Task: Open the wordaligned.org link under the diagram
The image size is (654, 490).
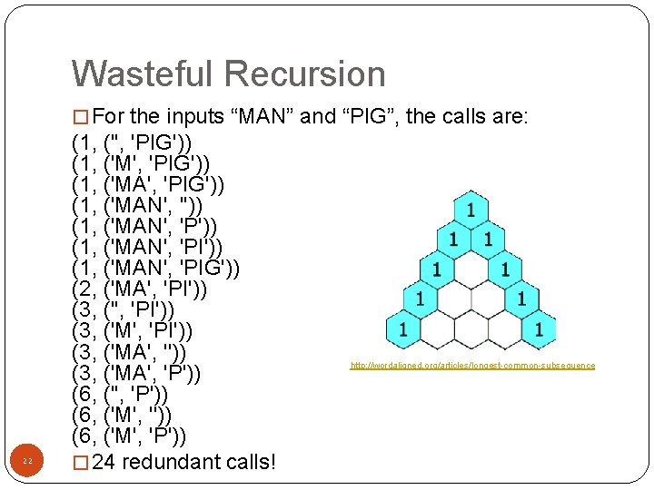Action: click(472, 366)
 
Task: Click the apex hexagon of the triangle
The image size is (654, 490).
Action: click(470, 210)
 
